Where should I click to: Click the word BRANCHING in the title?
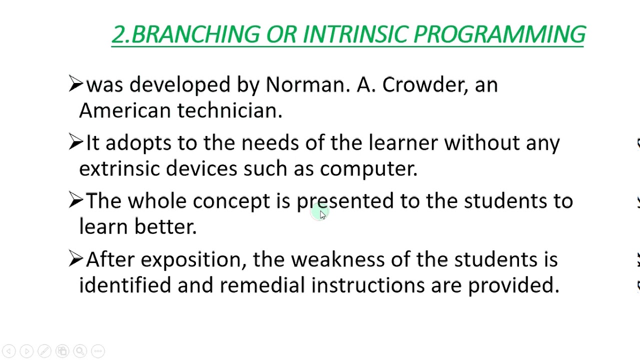[x=195, y=34]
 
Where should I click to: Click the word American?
[x=124, y=110]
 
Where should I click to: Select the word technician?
[x=229, y=110]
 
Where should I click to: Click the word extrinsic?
[x=119, y=168]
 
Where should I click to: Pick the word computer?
[x=368, y=169]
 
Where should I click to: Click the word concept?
[x=231, y=201]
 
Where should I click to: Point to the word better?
[x=165, y=227]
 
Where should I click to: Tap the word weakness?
[x=337, y=259]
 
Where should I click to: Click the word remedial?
[x=262, y=285]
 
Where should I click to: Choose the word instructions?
[x=367, y=285]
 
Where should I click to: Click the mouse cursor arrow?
[x=322, y=214]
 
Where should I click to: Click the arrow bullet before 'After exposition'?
[x=75, y=258]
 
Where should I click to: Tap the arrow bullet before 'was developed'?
[x=75, y=83]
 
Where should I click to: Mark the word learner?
[x=403, y=143]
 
